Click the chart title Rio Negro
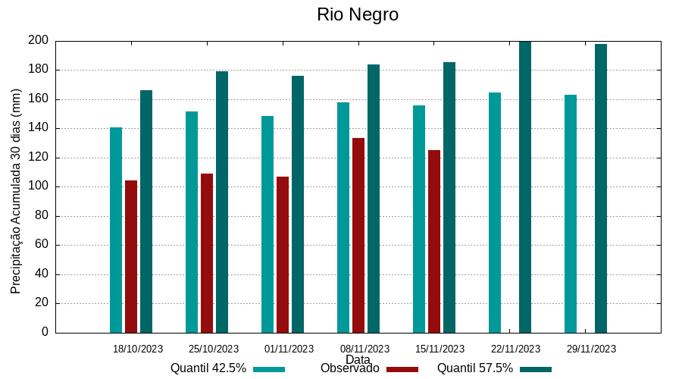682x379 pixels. click(358, 14)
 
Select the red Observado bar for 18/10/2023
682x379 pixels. click(131, 256)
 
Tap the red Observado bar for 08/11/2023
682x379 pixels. click(358, 235)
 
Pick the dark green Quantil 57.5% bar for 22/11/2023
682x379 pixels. click(525, 186)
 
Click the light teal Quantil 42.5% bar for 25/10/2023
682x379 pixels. click(192, 221)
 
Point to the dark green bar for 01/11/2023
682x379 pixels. click(298, 204)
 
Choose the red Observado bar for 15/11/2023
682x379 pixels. click(434, 241)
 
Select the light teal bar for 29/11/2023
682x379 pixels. click(571, 213)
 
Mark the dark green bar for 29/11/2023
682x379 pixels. click(601, 188)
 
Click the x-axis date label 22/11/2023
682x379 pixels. click(516, 349)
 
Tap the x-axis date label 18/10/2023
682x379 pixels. click(138, 349)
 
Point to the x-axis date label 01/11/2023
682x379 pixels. click(289, 349)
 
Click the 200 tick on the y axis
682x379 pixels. click(39, 40)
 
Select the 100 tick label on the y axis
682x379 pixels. click(39, 186)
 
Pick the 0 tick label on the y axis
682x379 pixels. click(45, 332)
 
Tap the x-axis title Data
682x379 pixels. click(358, 359)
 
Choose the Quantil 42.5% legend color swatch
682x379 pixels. click(269, 369)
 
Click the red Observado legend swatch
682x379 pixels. click(402, 369)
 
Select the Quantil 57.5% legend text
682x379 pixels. click(475, 368)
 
